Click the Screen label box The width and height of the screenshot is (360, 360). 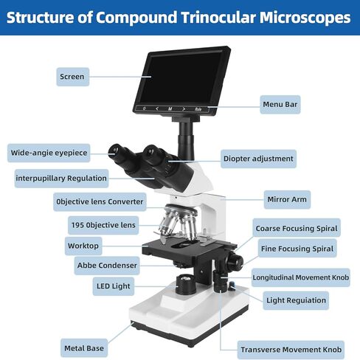point(73,77)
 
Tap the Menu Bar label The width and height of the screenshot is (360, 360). point(280,105)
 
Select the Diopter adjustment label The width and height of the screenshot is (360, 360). point(258,159)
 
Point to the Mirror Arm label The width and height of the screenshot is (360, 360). point(287,199)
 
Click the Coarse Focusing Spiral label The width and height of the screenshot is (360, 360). point(297,228)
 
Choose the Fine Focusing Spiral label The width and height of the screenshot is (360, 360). point(297,249)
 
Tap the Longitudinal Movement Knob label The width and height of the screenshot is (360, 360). point(301,277)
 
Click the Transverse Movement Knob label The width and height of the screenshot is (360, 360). point(291,350)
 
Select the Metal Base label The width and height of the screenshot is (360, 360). point(84,348)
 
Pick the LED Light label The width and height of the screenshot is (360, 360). point(114,286)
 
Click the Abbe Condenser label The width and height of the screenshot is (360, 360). point(107,266)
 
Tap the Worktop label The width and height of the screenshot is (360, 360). point(83,246)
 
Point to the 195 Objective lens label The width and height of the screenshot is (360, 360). point(103,225)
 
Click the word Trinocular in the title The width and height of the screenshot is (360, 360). point(218,18)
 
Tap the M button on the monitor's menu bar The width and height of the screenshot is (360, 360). point(170,108)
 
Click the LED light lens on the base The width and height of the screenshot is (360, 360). point(185,279)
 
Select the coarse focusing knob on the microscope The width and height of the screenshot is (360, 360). point(235,260)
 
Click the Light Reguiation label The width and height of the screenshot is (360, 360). point(296,300)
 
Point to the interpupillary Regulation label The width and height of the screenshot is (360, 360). point(61,179)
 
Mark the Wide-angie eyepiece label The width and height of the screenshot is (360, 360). point(49,153)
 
